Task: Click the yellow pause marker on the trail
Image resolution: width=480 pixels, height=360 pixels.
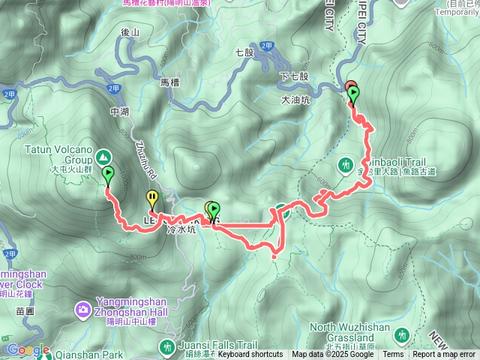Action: [x=152, y=199]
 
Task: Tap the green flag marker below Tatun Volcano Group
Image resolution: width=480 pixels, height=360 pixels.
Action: [x=108, y=175]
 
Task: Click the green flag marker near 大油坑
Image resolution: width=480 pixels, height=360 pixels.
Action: [x=352, y=94]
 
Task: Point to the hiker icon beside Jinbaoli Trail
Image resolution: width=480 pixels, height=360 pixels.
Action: [x=346, y=163]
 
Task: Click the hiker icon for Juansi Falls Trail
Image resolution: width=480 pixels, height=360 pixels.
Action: [x=166, y=346]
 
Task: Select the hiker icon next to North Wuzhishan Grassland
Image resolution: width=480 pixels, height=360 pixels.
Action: [x=401, y=334]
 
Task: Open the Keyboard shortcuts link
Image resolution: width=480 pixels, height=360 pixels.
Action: [x=250, y=355]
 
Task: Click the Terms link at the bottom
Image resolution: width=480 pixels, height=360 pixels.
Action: [x=393, y=355]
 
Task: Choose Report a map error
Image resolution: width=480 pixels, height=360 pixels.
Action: [x=444, y=355]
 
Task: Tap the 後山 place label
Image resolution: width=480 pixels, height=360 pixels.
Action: [x=130, y=32]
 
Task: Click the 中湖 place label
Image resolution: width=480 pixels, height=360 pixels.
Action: [x=119, y=112]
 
